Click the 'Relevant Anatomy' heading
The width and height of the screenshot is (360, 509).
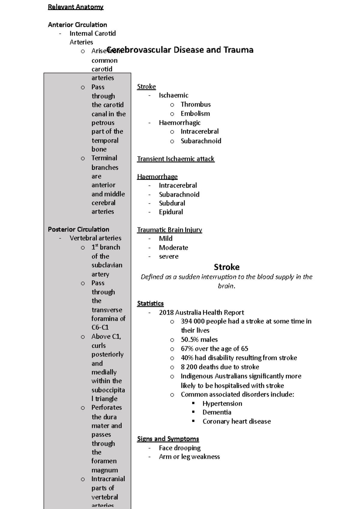[x=76, y=7]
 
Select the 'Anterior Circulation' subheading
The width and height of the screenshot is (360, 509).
[x=77, y=25]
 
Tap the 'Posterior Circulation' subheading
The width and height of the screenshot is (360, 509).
[x=78, y=229]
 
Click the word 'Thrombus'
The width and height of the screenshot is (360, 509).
[x=196, y=104]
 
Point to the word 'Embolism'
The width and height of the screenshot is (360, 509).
[x=195, y=114]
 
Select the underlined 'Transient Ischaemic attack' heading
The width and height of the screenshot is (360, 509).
[x=175, y=159]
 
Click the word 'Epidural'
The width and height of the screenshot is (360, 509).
[x=171, y=212]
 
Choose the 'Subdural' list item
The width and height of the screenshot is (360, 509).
[x=172, y=203]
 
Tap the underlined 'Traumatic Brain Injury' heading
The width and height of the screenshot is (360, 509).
[x=169, y=230]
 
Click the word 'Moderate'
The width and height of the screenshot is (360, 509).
[x=173, y=248]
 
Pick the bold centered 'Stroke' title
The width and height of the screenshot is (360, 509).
[x=226, y=267]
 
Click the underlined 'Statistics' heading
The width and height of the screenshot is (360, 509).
[x=150, y=303]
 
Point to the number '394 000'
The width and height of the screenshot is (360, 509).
[x=192, y=321]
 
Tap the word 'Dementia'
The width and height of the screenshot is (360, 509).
[x=217, y=412]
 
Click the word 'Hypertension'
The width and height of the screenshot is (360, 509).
[x=222, y=403]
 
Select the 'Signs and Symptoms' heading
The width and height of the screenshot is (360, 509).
[x=168, y=439]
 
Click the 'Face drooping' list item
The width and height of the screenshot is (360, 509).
[x=180, y=448]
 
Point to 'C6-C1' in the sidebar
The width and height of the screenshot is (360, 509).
[x=100, y=327]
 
